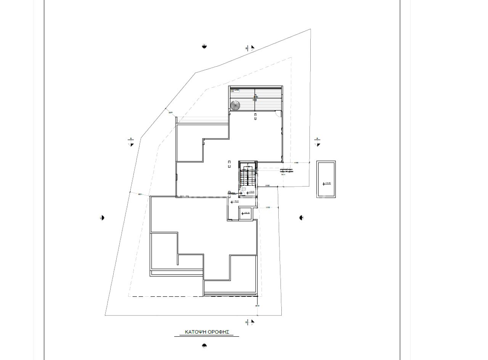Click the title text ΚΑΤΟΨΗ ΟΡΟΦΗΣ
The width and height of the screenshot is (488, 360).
207,332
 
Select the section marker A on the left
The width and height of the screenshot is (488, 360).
131,142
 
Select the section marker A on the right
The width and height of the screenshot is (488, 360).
317,142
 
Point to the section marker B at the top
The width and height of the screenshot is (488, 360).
250,48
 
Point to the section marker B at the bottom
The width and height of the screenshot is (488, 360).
250,322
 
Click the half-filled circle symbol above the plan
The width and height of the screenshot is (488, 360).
204,47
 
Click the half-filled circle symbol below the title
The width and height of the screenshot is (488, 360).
204,346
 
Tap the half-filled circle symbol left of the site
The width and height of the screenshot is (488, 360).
102,218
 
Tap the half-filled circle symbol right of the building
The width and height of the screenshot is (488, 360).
301,218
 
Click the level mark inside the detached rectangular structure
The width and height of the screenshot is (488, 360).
326,183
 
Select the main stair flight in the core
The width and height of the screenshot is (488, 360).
247,177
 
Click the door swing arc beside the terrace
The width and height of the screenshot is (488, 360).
278,113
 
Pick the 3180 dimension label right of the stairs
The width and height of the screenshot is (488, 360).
268,186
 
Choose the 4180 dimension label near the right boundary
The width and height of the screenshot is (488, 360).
296,163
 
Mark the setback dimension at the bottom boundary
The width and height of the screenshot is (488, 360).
257,306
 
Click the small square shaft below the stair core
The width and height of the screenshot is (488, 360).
246,214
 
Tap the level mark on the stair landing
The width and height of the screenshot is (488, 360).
250,193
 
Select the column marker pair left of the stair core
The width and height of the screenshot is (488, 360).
229,164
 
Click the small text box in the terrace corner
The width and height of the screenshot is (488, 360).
235,90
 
